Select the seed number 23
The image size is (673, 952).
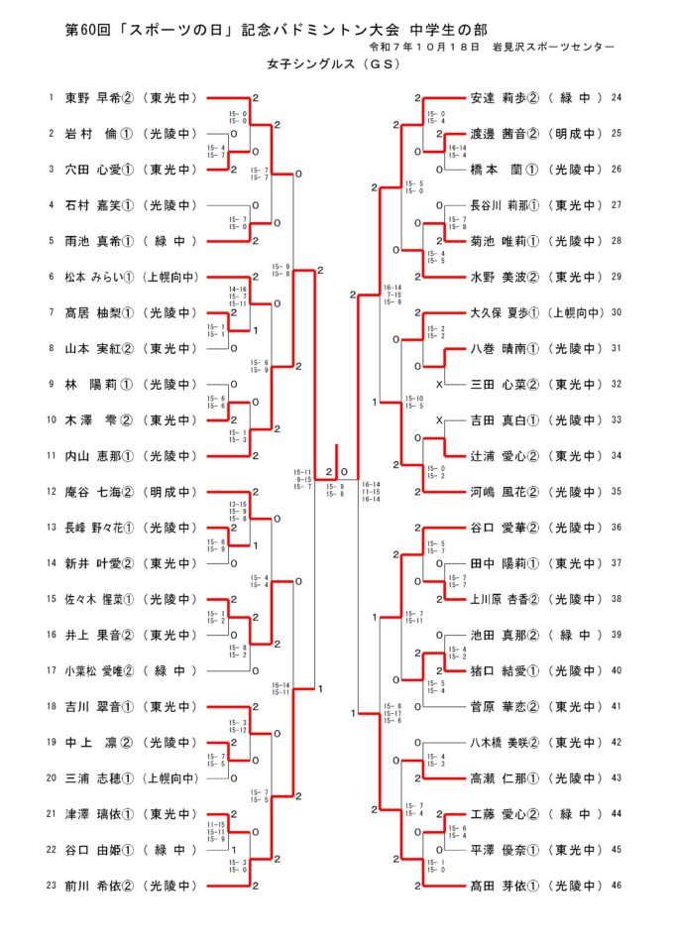coord(51,886)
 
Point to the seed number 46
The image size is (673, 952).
coord(617,886)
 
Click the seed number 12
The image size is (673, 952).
coord(51,492)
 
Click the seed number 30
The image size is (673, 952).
coord(617,312)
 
